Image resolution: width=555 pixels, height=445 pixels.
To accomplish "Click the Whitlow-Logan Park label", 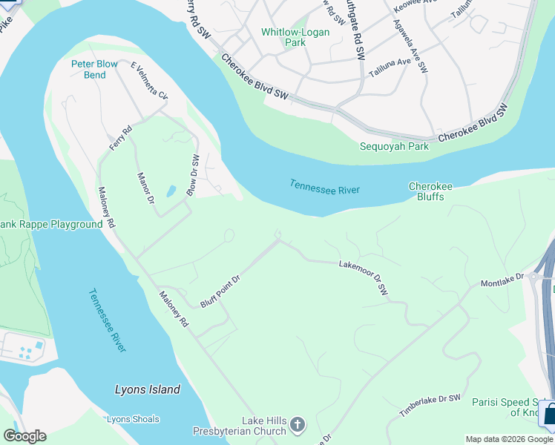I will click(x=283, y=37).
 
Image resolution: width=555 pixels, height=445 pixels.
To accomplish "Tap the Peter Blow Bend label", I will click(x=94, y=69).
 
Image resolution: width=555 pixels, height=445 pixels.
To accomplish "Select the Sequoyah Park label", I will click(x=394, y=146).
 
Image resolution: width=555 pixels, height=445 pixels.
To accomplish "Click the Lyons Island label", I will click(x=148, y=389).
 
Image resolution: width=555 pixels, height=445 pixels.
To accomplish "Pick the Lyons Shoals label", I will click(x=133, y=419).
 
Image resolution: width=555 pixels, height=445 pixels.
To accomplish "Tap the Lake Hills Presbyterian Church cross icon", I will click(x=297, y=425).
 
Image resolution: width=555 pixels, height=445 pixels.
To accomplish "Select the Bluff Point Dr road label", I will click(x=221, y=291).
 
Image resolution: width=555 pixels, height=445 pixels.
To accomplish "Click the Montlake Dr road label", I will click(x=502, y=280).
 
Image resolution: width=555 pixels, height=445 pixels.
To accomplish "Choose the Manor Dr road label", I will click(x=145, y=189).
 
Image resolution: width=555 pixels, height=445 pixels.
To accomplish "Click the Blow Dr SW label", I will click(x=193, y=176).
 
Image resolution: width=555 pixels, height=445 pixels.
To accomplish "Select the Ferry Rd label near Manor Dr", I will click(x=120, y=138).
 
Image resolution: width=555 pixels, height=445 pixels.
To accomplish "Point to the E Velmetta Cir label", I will click(x=149, y=81).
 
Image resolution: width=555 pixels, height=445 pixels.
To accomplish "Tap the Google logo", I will click(x=24, y=436).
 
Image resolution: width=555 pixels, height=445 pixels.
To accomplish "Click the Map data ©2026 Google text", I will click(x=508, y=439).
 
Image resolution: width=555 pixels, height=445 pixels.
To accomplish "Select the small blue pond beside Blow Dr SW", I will click(x=171, y=191).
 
